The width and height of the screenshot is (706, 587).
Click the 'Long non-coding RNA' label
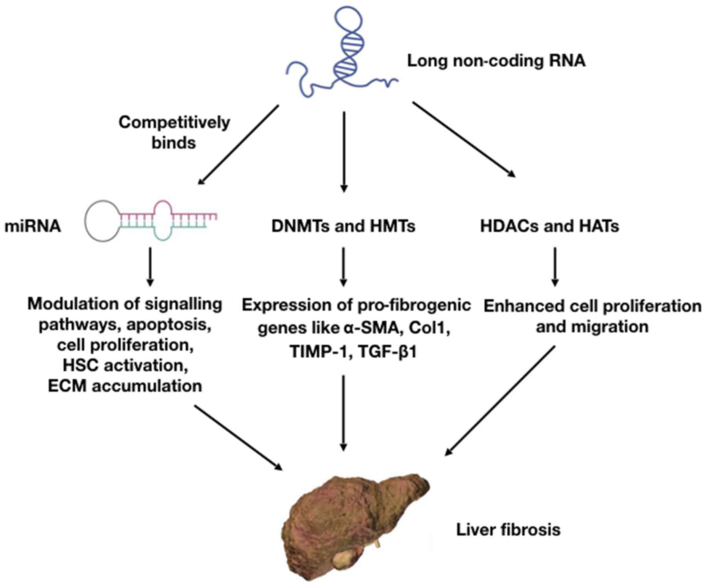[496, 61]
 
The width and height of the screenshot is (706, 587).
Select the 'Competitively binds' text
[174, 132]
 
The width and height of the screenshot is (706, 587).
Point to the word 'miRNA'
[33, 226]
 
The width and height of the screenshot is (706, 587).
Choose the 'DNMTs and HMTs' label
[343, 226]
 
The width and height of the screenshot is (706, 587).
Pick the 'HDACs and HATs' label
[549, 226]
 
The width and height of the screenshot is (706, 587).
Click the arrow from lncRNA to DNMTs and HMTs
[344, 152]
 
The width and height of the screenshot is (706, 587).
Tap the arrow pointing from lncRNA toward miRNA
[238, 144]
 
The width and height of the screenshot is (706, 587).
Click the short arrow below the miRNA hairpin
[150, 267]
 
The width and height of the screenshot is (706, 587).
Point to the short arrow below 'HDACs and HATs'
[555, 267]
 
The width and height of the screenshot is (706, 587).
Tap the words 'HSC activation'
[125, 365]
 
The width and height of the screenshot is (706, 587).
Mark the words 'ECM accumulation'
[125, 386]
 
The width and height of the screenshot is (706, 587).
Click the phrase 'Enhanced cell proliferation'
[592, 306]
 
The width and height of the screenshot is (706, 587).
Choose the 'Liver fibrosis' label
[508, 530]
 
